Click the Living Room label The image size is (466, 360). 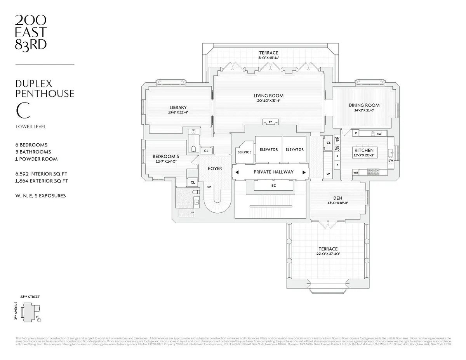point(268,96)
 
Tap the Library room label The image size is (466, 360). point(178,108)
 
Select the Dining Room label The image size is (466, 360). point(364,105)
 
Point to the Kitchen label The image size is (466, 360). point(364,150)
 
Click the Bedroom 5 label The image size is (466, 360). point(166,157)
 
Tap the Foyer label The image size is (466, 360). point(215,169)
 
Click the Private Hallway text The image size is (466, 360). point(274,172)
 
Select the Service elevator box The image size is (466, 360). point(244,152)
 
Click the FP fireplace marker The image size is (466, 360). point(270,122)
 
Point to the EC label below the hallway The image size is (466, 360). point(273,186)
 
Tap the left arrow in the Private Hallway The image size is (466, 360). point(236,172)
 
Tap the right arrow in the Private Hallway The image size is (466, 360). point(304,172)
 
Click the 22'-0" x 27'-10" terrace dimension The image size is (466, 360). point(328,254)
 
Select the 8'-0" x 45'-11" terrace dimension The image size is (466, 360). point(269,57)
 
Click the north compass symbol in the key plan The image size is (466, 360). point(38,320)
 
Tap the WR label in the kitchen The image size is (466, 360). point(355,172)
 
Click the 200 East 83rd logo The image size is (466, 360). point(31,33)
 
